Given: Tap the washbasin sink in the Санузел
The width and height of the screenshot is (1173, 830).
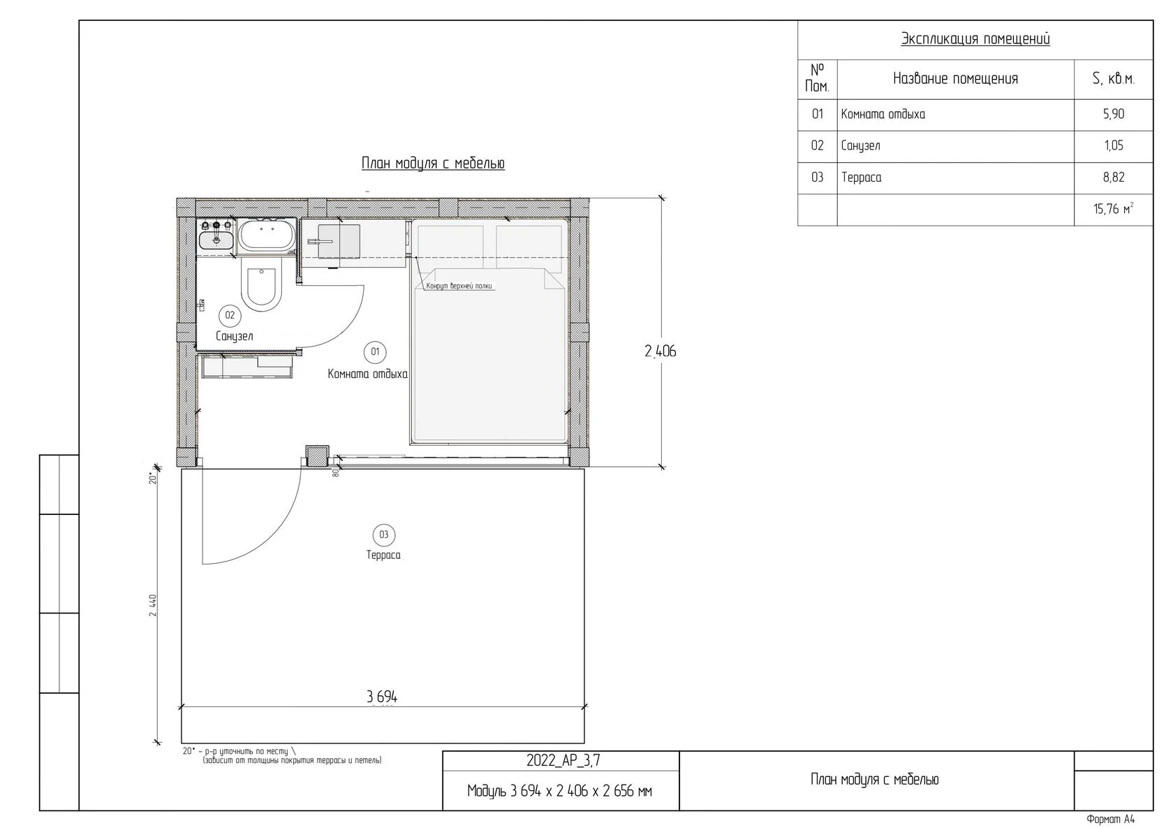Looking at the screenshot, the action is coord(216,240).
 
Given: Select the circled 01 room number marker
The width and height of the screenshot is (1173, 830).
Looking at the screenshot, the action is coord(375,352).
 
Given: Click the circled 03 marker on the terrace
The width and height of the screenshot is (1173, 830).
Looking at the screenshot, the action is coord(384,535).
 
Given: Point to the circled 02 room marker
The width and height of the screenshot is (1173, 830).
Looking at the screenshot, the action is coord(230,316).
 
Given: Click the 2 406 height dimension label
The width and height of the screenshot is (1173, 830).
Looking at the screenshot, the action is coord(661,351).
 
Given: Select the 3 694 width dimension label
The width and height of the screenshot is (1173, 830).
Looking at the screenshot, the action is coord(383,697).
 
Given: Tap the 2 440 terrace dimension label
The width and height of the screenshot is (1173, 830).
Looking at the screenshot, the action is coord(153,605).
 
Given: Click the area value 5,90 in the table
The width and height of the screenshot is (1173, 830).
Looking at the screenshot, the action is coord(1113,115).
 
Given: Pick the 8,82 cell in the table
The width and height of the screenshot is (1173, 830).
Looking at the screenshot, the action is coord(1113,177).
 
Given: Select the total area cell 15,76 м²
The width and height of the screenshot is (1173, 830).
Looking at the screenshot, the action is coord(1113,209).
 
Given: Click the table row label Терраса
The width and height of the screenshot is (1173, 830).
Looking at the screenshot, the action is coord(862,177).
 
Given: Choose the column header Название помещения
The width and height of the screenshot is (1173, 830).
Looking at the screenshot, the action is coord(956,79).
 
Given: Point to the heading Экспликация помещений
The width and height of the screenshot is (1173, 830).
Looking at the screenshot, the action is coord(975,39).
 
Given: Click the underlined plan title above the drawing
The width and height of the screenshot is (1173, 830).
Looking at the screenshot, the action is coord(433,163).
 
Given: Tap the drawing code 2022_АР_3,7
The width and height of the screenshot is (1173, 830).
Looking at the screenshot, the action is coord(563,761).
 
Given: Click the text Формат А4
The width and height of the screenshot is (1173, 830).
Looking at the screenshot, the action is coord(1110,820).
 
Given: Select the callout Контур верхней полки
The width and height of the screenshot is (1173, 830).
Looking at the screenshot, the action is coord(459,286).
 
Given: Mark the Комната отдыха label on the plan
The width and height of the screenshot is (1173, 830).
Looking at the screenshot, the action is coord(367,374).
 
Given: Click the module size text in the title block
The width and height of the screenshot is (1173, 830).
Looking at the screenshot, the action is coord(560,791).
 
